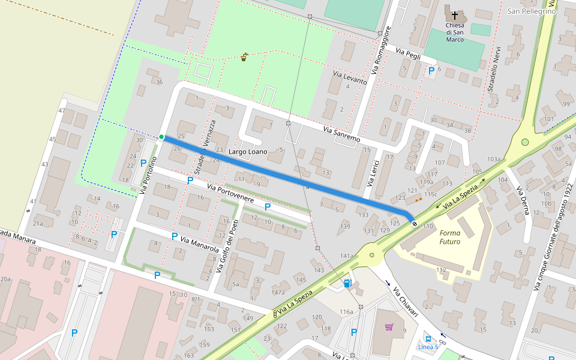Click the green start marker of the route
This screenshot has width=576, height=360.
(x=161, y=137)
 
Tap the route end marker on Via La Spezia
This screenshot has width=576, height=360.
(x=415, y=224)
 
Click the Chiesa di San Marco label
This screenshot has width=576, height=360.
(x=455, y=32)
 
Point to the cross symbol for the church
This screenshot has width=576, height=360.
(x=455, y=14)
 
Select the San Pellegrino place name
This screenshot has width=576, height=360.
(x=532, y=11)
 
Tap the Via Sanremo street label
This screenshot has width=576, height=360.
(x=341, y=134)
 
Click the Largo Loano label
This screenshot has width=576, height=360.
(x=248, y=152)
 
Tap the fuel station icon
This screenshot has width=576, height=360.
(x=347, y=283)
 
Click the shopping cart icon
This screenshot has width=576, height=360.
(x=389, y=327)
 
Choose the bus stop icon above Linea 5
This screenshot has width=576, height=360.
(x=427, y=338)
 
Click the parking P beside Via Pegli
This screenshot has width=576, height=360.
(x=431, y=71)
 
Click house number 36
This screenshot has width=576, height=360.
(x=159, y=82)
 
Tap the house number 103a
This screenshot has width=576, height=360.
(x=494, y=159)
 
